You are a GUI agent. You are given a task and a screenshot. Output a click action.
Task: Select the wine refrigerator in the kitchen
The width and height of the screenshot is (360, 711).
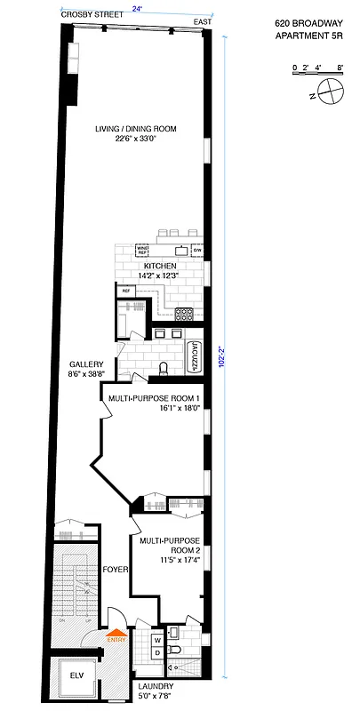point(142,251)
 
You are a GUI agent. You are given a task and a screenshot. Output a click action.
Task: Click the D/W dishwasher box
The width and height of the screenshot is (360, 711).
point(196,250)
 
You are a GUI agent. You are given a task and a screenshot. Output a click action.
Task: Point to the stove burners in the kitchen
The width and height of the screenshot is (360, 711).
point(184,313)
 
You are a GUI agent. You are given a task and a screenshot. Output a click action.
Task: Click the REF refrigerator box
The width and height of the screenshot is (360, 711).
point(126,291)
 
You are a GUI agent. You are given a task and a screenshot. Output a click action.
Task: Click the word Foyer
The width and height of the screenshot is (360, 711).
point(116,569)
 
